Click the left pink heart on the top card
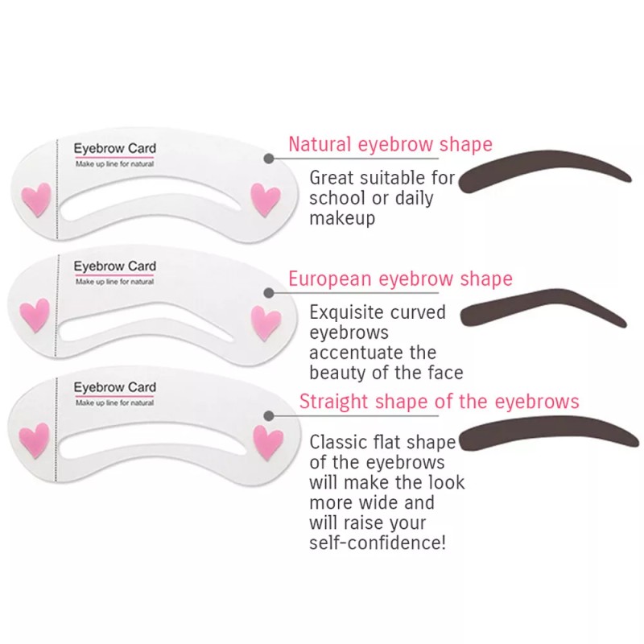[x=35, y=199]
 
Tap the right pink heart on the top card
[x=264, y=198]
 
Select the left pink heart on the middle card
[x=35, y=316]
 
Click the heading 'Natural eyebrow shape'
[x=390, y=145]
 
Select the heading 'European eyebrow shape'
[x=400, y=279]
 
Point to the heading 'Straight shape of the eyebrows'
[x=439, y=402]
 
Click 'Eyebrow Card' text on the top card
[x=114, y=149]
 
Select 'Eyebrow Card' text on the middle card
[x=114, y=266]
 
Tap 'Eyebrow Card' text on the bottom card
[x=114, y=388]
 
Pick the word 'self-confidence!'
[x=377, y=543]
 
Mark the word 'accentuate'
[x=361, y=352]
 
